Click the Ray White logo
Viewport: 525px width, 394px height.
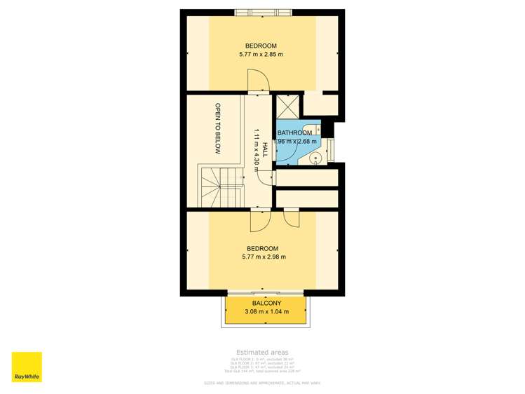click(x=27, y=367)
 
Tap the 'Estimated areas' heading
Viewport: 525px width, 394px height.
click(x=262, y=352)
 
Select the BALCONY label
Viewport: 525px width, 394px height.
click(x=262, y=303)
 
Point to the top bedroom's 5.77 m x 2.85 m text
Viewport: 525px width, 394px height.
click(x=261, y=54)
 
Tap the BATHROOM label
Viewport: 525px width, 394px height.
click(x=294, y=133)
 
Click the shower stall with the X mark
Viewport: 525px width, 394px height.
click(x=287, y=106)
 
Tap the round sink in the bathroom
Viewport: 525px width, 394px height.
click(x=316, y=158)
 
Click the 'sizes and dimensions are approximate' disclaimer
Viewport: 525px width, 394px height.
click(x=262, y=383)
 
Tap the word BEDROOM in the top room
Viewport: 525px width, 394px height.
click(x=261, y=46)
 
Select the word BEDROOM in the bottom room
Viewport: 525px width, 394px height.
click(x=261, y=248)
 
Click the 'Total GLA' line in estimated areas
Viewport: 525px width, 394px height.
click(x=262, y=371)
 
